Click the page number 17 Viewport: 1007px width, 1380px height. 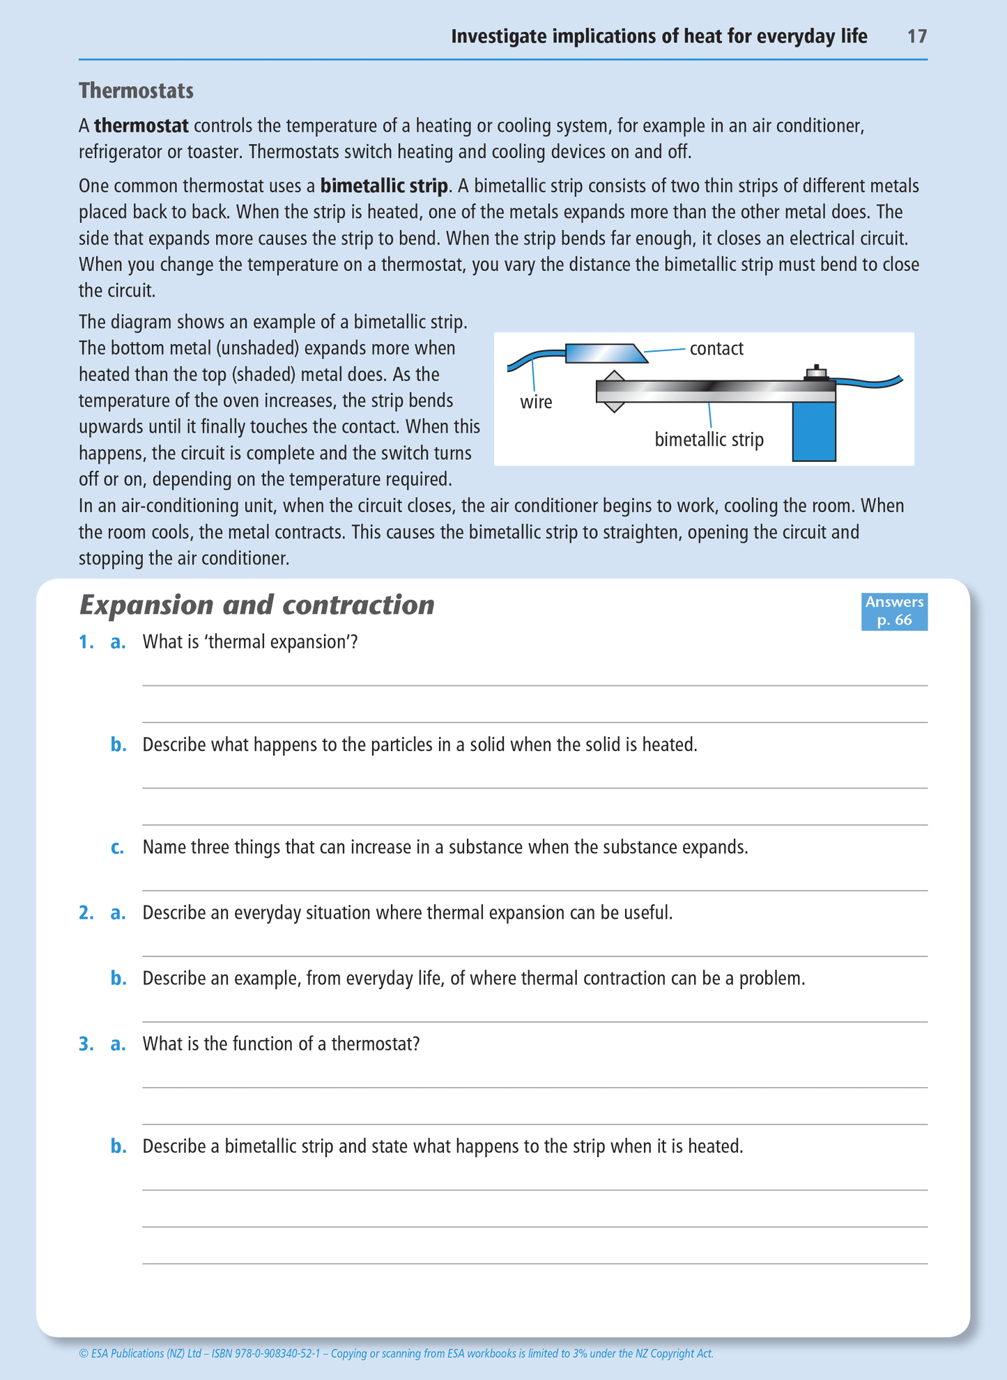916,36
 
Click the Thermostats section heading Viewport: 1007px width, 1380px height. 136,91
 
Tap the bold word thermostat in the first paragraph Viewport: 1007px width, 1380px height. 141,126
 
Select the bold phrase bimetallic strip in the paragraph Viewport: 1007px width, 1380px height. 384,186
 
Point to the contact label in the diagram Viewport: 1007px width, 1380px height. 716,348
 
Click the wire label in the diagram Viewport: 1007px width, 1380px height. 536,402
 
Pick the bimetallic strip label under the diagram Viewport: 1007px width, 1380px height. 709,440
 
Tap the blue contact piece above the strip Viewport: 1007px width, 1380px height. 604,353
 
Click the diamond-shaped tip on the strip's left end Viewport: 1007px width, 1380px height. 613,391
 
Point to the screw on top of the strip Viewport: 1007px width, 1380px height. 816,373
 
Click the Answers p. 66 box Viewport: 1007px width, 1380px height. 894,611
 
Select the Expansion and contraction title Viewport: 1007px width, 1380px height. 256,605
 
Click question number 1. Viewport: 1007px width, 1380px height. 86,642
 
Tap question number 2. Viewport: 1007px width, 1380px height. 86,913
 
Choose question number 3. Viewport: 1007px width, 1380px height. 86,1044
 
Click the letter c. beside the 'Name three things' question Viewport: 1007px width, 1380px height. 118,848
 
